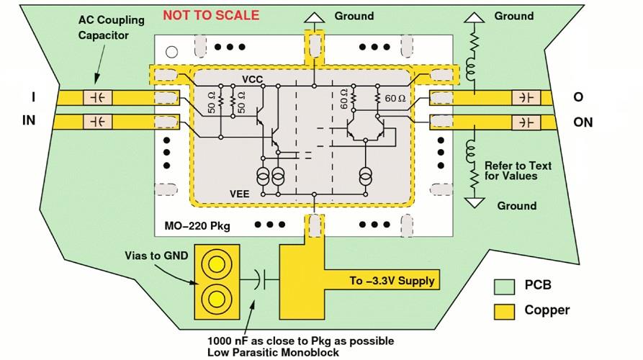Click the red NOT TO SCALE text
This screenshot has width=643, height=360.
(x=210, y=15)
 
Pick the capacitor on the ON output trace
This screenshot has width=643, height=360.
(x=526, y=121)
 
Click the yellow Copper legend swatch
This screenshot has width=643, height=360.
(x=505, y=310)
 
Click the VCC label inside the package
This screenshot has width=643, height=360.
(x=253, y=78)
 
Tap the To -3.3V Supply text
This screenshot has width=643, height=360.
(x=392, y=280)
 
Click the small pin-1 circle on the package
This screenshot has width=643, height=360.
(x=171, y=51)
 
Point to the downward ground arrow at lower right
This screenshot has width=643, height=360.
(x=474, y=202)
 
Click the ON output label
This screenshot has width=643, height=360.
(x=583, y=122)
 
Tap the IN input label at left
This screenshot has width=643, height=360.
(x=29, y=121)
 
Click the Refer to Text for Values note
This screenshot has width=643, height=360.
(x=518, y=171)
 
